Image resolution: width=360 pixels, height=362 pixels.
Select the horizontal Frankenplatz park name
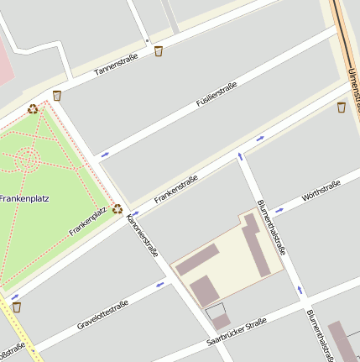[x=24, y=199]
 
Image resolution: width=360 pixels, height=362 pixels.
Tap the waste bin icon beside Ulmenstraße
[x=342, y=107]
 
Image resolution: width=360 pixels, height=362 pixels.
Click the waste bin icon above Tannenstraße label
[x=159, y=51]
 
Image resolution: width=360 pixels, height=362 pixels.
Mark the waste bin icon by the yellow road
[x=16, y=307]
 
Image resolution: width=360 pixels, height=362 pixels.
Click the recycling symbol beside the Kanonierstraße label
[x=117, y=209]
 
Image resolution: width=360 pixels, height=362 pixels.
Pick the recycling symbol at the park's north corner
[x=33, y=108]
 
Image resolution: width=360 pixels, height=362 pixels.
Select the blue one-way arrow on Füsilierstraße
[x=105, y=155]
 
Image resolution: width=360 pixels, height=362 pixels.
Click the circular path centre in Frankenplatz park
[x=26, y=157]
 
